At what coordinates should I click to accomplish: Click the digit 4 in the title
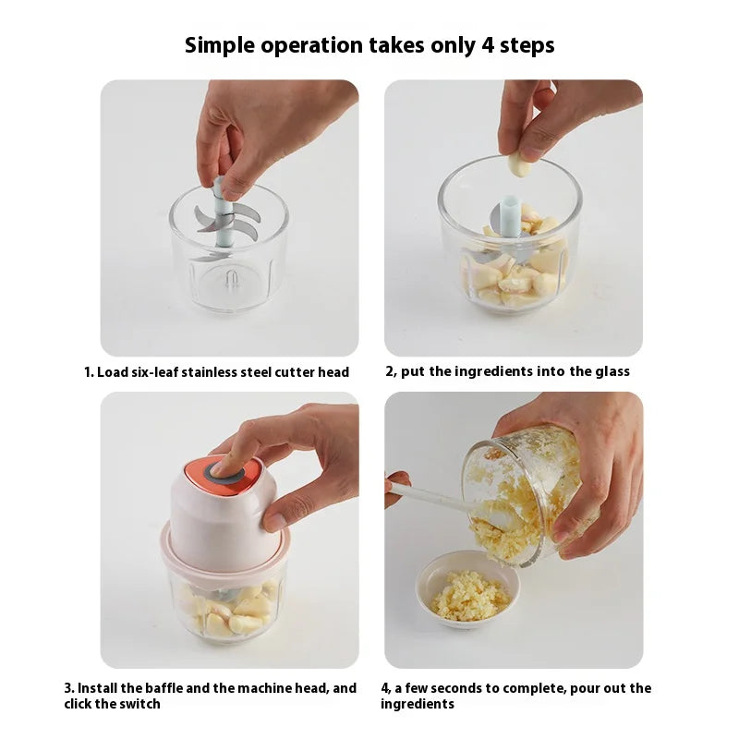pyautogui.click(x=489, y=45)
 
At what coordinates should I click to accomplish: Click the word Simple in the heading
pyautogui.click(x=220, y=46)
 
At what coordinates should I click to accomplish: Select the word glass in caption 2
pyautogui.click(x=612, y=372)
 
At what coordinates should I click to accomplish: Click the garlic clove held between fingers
pyautogui.click(x=520, y=163)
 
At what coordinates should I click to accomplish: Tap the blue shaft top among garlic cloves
pyautogui.click(x=510, y=215)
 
